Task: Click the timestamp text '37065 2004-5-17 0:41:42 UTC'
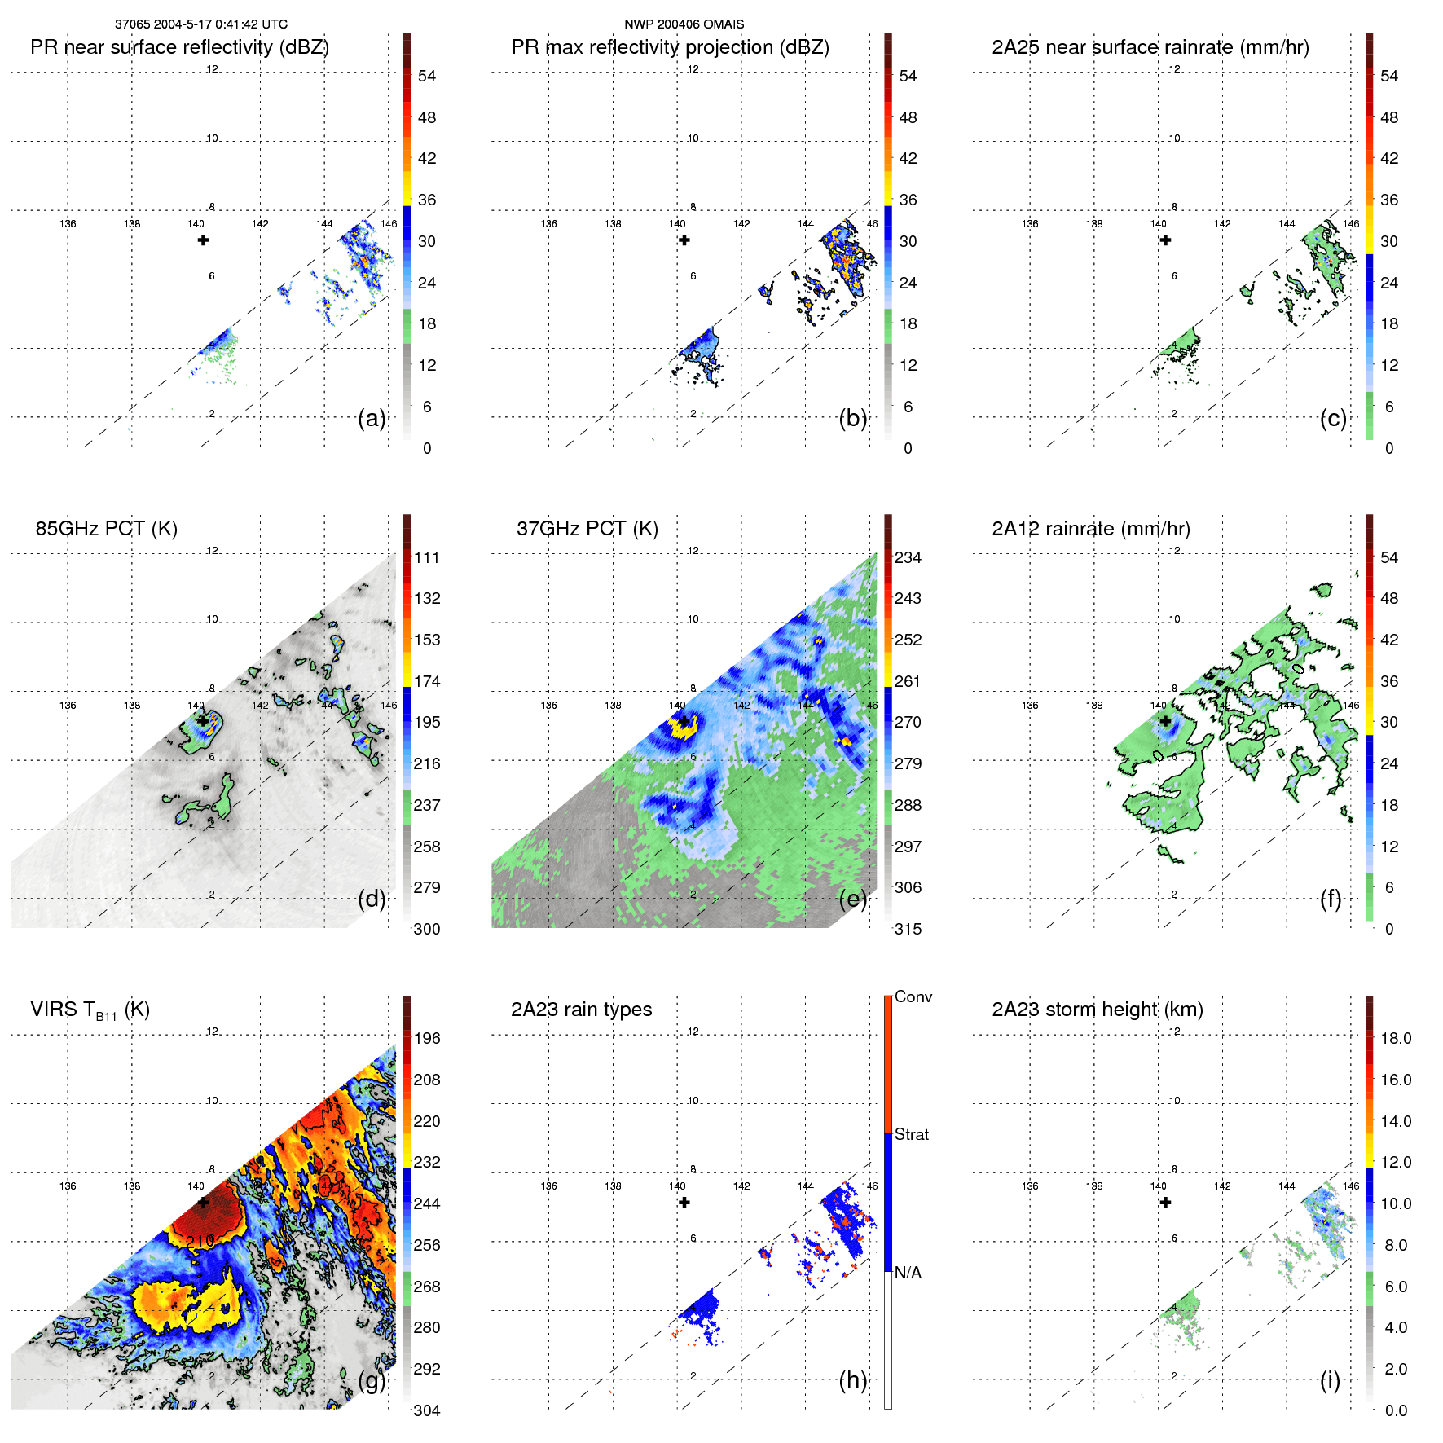pyautogui.click(x=200, y=24)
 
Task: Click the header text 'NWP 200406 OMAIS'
pyautogui.click(x=684, y=24)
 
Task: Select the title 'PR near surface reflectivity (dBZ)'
pyautogui.click(x=179, y=47)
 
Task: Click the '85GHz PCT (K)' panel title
pyautogui.click(x=106, y=529)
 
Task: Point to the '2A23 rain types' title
pyautogui.click(x=581, y=1010)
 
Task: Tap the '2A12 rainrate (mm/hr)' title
pyautogui.click(x=1090, y=529)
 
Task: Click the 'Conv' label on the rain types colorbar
pyautogui.click(x=913, y=996)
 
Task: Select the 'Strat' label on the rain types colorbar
pyautogui.click(x=911, y=1134)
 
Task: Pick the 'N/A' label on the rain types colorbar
pyautogui.click(x=908, y=1273)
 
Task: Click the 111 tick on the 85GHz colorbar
pyautogui.click(x=427, y=557)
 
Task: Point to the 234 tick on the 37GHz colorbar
pyautogui.click(x=908, y=557)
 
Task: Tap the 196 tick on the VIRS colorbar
pyautogui.click(x=427, y=1038)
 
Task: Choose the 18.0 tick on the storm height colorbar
pyautogui.click(x=1396, y=1038)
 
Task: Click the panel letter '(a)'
pyautogui.click(x=372, y=418)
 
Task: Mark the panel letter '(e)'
pyautogui.click(x=852, y=899)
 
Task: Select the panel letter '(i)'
pyautogui.click(x=1330, y=1380)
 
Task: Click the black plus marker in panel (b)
pyautogui.click(x=684, y=240)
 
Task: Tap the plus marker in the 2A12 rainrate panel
pyautogui.click(x=1166, y=721)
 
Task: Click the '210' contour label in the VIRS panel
pyautogui.click(x=200, y=1241)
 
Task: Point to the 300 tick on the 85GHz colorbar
pyautogui.click(x=427, y=929)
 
